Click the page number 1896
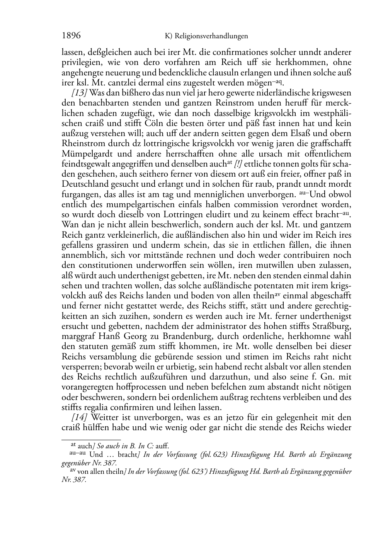[x=71, y=36]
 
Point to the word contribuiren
[x=305, y=255]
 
